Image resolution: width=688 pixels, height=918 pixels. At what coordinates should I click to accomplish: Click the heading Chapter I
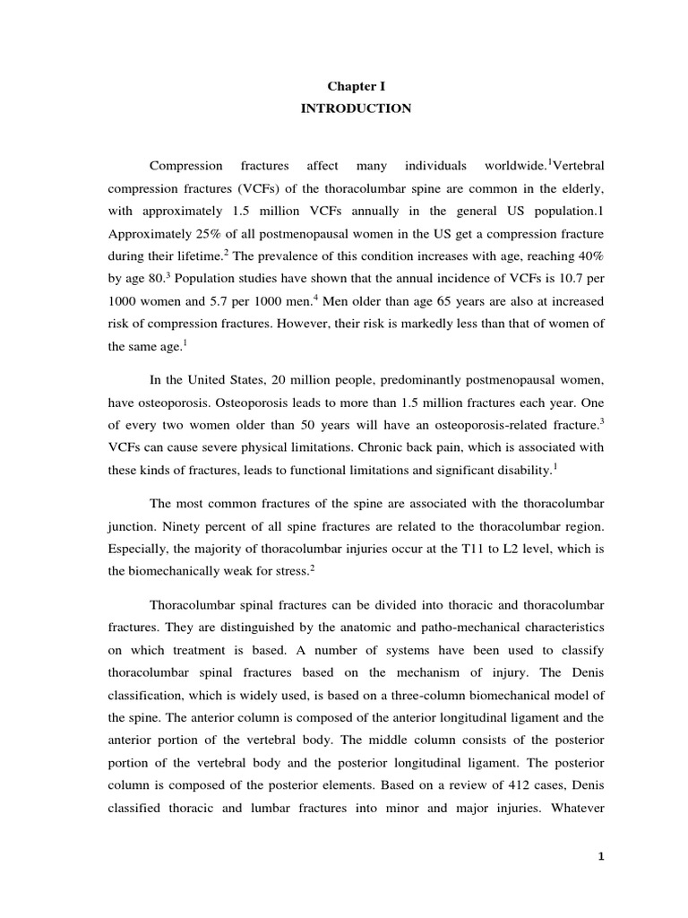[357, 87]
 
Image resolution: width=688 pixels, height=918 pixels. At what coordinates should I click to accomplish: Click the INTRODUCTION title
[357, 108]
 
